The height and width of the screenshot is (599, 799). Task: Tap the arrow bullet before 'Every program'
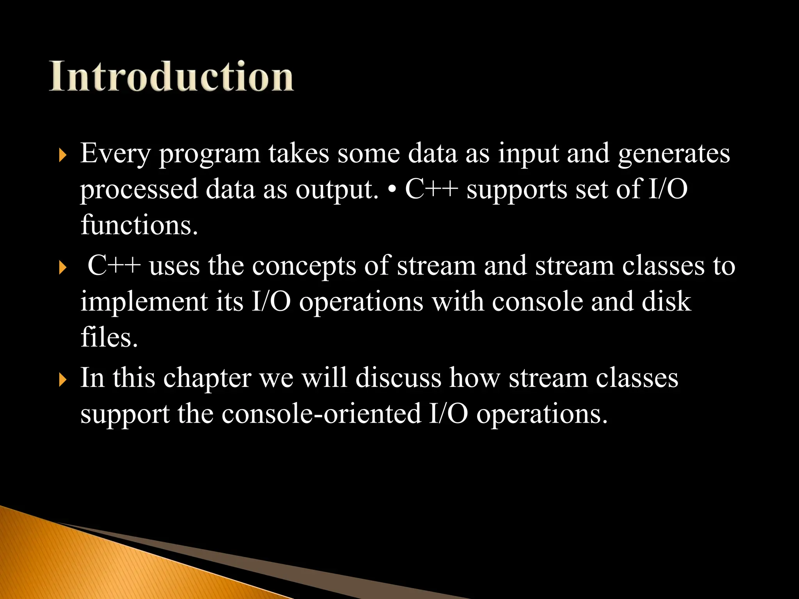(62, 156)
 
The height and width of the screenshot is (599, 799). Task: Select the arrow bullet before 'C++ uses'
(62, 268)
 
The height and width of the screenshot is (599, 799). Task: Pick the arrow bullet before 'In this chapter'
(62, 380)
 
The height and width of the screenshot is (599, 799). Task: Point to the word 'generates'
(674, 154)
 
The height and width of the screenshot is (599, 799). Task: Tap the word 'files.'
(109, 337)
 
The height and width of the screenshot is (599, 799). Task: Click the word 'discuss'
(398, 377)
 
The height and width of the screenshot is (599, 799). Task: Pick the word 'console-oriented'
(321, 414)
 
